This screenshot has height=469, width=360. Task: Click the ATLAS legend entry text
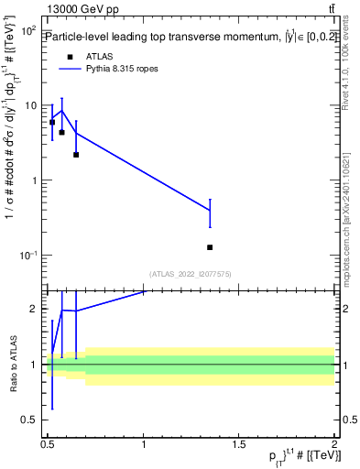(x=99, y=56)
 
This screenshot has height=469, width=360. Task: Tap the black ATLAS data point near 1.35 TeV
(x=210, y=247)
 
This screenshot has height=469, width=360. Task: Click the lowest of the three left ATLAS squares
(x=76, y=155)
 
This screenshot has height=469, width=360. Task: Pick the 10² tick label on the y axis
(x=27, y=31)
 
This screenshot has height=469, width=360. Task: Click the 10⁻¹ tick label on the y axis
(x=27, y=255)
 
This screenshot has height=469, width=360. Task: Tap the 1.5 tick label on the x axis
(x=239, y=445)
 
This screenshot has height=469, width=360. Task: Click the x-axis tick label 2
(x=334, y=445)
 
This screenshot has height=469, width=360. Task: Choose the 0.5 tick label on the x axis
(x=49, y=445)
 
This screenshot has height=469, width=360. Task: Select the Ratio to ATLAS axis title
(x=12, y=364)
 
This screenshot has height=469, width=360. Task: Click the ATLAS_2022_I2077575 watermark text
(x=191, y=273)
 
